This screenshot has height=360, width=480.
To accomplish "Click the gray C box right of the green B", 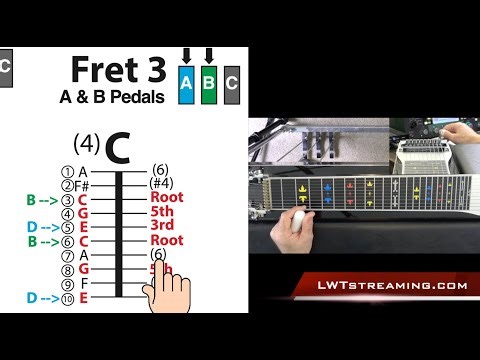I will tap(232, 85).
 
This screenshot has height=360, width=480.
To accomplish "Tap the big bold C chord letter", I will tap(117, 147).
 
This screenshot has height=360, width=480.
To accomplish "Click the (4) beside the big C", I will tap(86, 142).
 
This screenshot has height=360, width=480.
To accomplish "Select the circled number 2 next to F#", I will tap(68, 185).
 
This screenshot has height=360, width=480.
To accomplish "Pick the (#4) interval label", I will tap(161, 183).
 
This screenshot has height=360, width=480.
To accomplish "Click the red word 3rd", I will tap(160, 226).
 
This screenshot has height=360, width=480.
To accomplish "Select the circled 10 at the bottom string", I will tap(68, 298).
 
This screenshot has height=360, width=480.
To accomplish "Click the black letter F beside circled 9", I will tap(83, 284).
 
